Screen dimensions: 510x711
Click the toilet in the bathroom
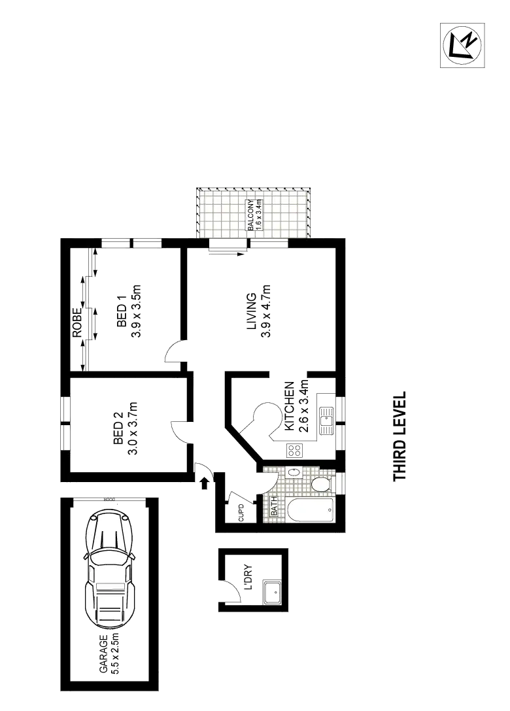320,483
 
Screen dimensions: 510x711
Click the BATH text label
275,508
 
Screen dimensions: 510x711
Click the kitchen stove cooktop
294,449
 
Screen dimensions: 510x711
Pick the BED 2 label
118,429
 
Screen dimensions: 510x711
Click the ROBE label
77,322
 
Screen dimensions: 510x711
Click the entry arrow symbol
204,483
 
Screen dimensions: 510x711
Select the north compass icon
463,44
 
